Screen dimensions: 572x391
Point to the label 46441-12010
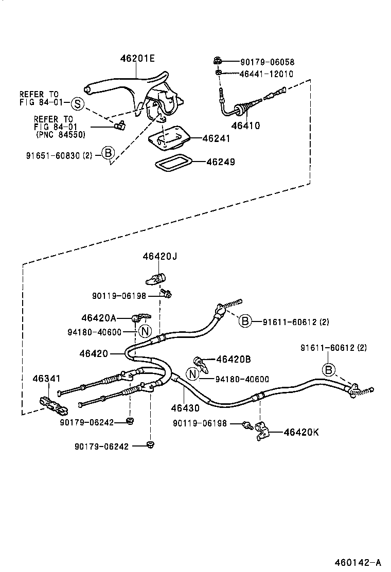266,74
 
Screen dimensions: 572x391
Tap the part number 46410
245,125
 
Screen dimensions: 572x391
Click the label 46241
216,138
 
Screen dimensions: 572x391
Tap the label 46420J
159,256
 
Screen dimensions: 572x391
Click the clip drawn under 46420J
154,279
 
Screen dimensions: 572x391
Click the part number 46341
47,379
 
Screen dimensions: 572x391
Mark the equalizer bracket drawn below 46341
53,405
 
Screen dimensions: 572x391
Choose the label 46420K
301,432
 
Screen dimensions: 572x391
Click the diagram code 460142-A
360,562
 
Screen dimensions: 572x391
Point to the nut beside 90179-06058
218,62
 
